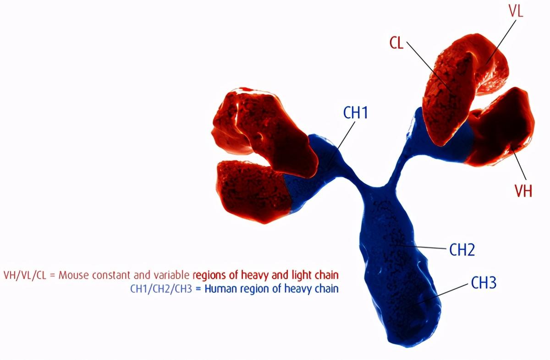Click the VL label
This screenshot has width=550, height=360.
point(516,11)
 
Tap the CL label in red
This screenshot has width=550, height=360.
point(396,43)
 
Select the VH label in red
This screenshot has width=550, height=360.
point(523,191)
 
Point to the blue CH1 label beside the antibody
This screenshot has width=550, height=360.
point(355,113)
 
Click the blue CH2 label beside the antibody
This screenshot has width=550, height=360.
point(462,250)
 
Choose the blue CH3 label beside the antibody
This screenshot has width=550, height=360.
point(484,283)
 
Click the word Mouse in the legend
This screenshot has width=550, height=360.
point(74,275)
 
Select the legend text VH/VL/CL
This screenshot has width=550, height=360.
point(25,275)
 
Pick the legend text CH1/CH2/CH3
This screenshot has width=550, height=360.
point(161,289)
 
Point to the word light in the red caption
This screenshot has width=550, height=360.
point(302,276)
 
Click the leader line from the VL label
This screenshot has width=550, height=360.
point(501,42)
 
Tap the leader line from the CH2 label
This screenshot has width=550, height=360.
point(418,246)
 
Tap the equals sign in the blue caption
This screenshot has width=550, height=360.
point(198,289)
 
